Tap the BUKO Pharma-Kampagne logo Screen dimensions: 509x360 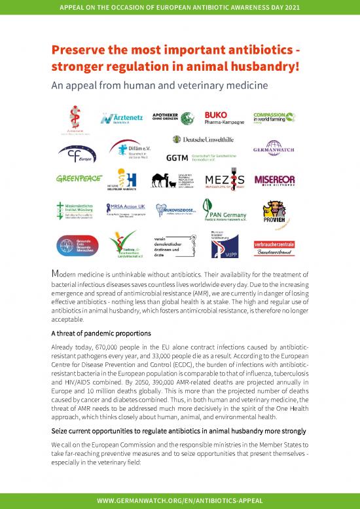click(224, 119)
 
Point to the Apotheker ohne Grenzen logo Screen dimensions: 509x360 click(173, 118)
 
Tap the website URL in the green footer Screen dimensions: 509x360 click(180, 500)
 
